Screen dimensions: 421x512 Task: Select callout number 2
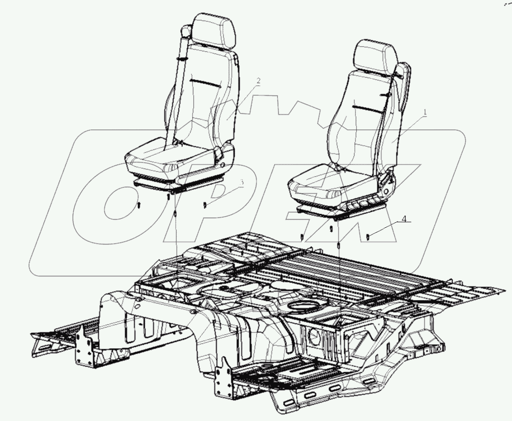click(x=259, y=81)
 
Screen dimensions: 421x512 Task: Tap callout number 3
click(x=242, y=184)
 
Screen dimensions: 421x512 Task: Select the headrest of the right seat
click(x=376, y=57)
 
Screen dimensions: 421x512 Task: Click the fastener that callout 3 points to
click(x=205, y=205)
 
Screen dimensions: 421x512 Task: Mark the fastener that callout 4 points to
click(x=369, y=236)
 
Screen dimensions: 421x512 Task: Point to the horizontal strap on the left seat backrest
click(x=205, y=82)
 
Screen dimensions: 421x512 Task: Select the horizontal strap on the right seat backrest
click(x=367, y=106)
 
